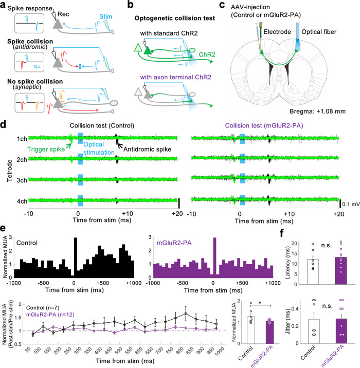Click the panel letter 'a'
point(4,4)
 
